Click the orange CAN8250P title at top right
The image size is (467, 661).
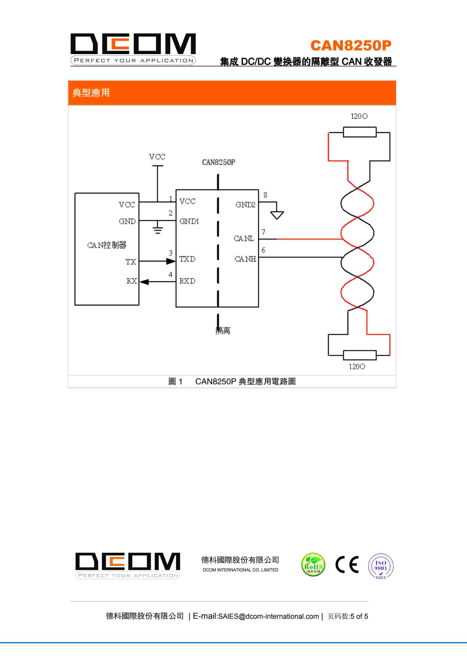(x=351, y=45)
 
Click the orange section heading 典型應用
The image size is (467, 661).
(x=91, y=93)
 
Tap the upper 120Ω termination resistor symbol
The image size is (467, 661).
(x=359, y=132)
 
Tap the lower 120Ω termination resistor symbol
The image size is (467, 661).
(x=359, y=355)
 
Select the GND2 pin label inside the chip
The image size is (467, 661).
(x=245, y=205)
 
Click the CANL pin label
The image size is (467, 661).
(x=244, y=238)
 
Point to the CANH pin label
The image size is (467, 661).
(x=245, y=259)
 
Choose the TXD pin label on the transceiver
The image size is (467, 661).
(x=187, y=259)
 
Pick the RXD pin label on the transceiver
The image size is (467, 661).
(x=187, y=281)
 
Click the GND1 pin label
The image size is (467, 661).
(x=189, y=221)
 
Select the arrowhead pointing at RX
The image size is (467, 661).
(x=144, y=282)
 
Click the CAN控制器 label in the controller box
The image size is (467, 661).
(x=107, y=245)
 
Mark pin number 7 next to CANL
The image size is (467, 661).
(x=263, y=232)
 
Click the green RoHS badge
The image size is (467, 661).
(x=313, y=564)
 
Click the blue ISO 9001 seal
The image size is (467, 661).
(x=381, y=566)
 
